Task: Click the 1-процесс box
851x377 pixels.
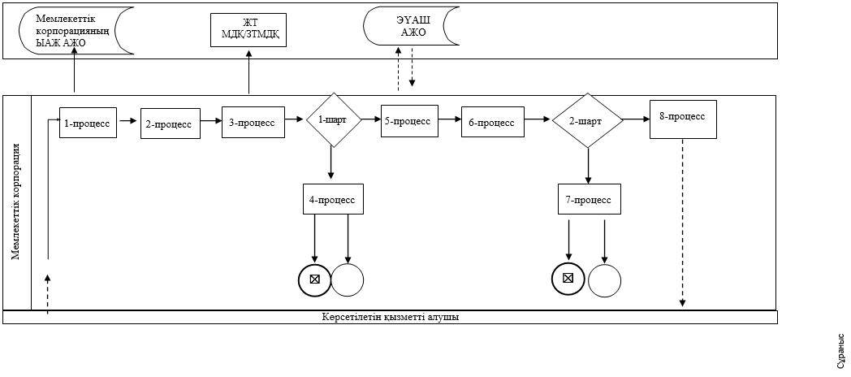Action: point(88,122)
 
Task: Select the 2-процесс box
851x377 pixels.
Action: point(171,123)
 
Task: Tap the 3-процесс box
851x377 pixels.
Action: point(253,122)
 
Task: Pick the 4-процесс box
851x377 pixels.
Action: point(333,199)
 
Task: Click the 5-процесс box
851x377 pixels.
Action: point(409,120)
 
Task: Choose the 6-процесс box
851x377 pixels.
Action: point(493,122)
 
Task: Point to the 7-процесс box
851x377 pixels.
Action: point(589,199)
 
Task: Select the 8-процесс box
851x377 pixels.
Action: point(683,119)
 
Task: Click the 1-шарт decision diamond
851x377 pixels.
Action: point(334,119)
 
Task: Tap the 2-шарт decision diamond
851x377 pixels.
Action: point(588,120)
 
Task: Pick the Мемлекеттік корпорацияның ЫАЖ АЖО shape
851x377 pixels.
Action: point(76,31)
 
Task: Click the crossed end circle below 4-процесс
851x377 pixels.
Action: point(314,279)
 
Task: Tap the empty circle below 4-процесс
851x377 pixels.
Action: point(348,279)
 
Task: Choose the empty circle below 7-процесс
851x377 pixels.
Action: point(605,281)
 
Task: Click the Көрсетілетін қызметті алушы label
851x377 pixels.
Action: point(391,317)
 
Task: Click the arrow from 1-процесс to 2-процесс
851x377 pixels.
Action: point(128,122)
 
